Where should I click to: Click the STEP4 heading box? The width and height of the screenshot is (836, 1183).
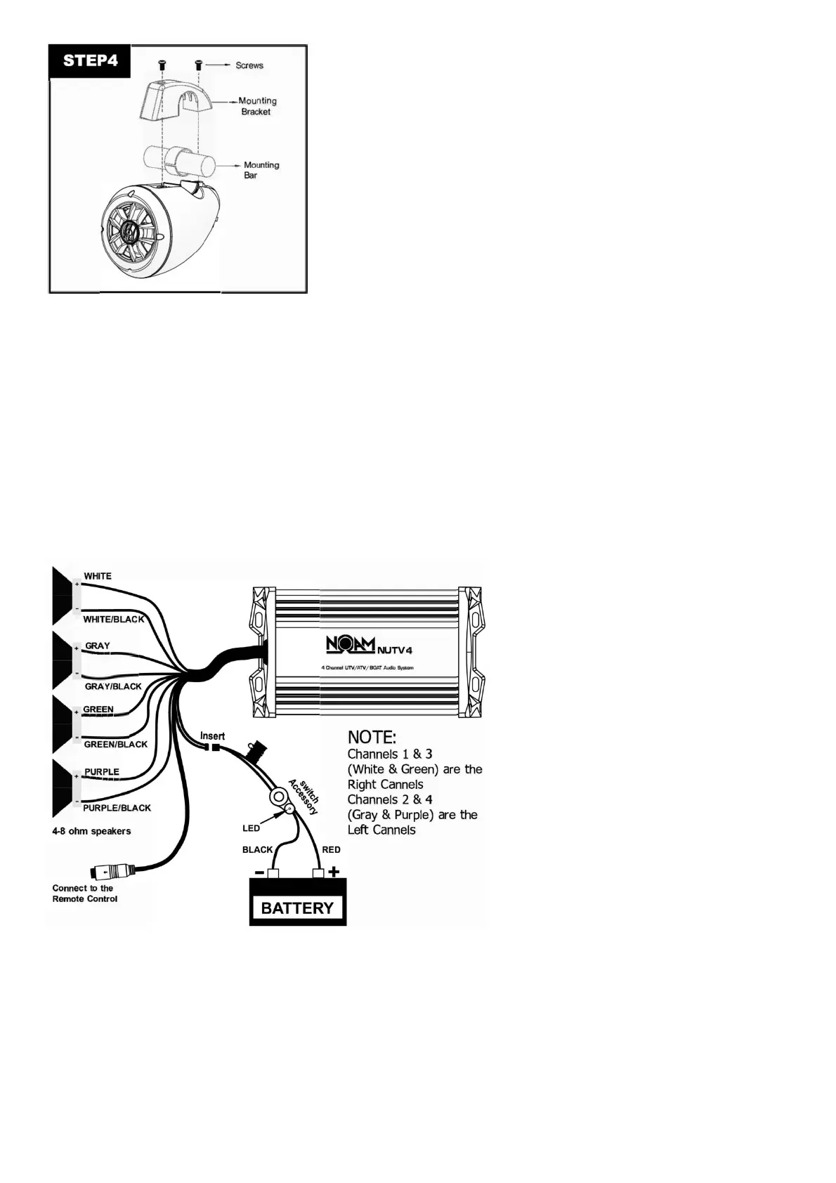91,60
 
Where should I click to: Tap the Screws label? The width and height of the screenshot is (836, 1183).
249,65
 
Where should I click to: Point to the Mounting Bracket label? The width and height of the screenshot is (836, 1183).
257,106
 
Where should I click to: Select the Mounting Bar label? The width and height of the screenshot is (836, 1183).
261,170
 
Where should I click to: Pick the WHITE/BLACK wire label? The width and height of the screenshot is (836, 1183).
113,619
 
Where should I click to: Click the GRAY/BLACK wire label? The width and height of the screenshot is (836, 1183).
113,686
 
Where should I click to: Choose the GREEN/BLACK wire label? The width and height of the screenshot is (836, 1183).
115,744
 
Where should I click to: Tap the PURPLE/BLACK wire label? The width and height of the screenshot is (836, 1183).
117,808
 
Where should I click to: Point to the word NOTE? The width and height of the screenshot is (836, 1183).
372,738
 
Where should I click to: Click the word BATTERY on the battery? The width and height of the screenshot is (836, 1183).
297,908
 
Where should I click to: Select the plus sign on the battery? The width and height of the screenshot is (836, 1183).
334,872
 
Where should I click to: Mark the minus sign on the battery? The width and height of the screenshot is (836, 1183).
259,872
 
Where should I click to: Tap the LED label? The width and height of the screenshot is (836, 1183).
251,828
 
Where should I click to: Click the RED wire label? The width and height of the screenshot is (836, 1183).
331,849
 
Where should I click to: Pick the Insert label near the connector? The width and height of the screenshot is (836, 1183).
212,736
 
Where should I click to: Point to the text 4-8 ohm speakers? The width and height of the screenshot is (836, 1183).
91,831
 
